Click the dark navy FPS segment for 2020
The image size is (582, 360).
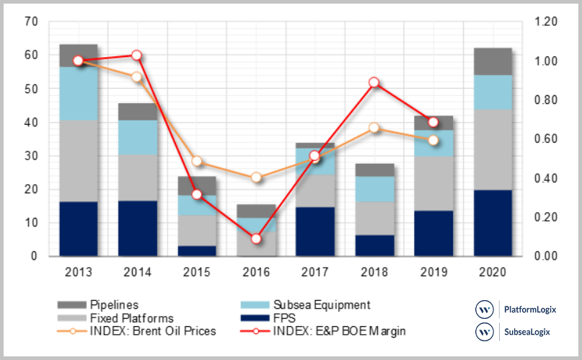click(x=493, y=223)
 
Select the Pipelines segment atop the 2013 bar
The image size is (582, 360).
click(x=78, y=56)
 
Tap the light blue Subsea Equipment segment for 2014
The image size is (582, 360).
click(x=137, y=137)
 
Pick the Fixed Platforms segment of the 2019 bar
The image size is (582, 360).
click(x=433, y=183)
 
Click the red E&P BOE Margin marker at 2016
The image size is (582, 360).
click(x=256, y=239)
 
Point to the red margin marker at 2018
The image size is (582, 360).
click(x=374, y=82)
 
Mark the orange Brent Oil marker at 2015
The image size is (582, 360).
click(x=196, y=161)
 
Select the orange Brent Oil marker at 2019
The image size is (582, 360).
click(x=433, y=140)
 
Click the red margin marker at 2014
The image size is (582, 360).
click(x=137, y=56)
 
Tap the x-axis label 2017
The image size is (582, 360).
click(x=314, y=273)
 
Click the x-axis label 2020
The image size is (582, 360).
click(x=493, y=273)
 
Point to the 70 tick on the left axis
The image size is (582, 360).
click(x=30, y=22)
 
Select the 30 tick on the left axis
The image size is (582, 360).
click(x=30, y=157)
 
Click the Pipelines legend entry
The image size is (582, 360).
click(x=115, y=305)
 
